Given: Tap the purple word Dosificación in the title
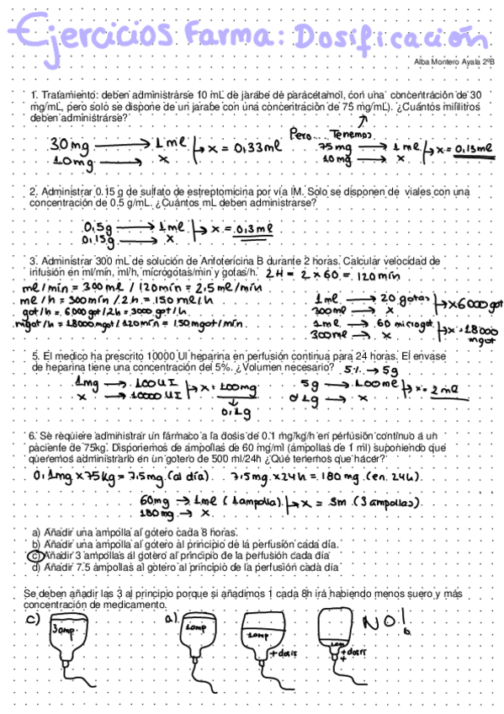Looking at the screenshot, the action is pyautogui.click(x=379, y=37).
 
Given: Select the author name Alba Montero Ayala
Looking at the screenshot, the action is pyautogui.click(x=443, y=61).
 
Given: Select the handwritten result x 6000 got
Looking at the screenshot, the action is pyautogui.click(x=466, y=302).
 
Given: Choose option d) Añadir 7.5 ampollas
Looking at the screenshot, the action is pyautogui.click(x=185, y=567).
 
